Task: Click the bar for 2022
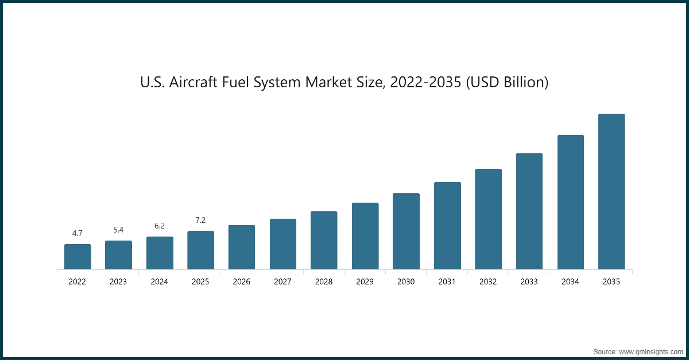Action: [x=78, y=257]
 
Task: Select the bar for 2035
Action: [x=611, y=192]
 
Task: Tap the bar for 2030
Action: [x=406, y=231]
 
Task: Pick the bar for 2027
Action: [x=283, y=244]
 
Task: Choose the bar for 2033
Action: [x=529, y=211]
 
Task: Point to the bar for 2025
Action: [x=200, y=250]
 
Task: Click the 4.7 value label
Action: [x=78, y=233]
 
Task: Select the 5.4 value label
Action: [x=118, y=230]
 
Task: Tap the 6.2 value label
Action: [x=160, y=226]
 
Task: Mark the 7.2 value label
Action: [x=200, y=220]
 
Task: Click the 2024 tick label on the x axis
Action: [x=160, y=282]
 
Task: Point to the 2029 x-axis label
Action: [x=365, y=282]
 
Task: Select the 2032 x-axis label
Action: [x=488, y=282]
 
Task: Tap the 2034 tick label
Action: [x=570, y=282]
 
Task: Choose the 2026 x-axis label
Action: [x=242, y=282]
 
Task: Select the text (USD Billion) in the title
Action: [x=506, y=83]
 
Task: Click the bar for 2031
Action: [x=447, y=226]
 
